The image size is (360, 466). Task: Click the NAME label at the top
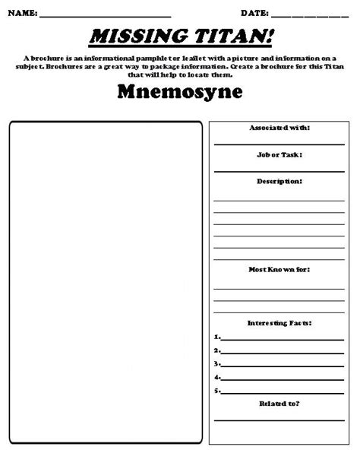pyautogui.click(x=22, y=14)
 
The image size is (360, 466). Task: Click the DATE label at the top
pyautogui.click(x=254, y=14)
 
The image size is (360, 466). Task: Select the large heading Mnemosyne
pyautogui.click(x=181, y=93)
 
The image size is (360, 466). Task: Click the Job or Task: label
pyautogui.click(x=279, y=154)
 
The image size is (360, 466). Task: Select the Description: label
pyautogui.click(x=279, y=182)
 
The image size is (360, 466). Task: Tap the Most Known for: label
pyautogui.click(x=279, y=269)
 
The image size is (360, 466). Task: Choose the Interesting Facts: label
pyautogui.click(x=279, y=323)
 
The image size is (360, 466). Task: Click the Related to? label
pyautogui.click(x=279, y=404)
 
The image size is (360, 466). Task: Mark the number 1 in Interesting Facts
pyautogui.click(x=216, y=336)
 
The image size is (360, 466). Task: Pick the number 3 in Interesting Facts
pyautogui.click(x=216, y=363)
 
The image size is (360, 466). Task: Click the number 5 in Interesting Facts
pyautogui.click(x=216, y=391)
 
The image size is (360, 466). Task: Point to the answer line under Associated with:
pyautogui.click(x=279, y=142)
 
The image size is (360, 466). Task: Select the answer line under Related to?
pyautogui.click(x=279, y=419)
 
